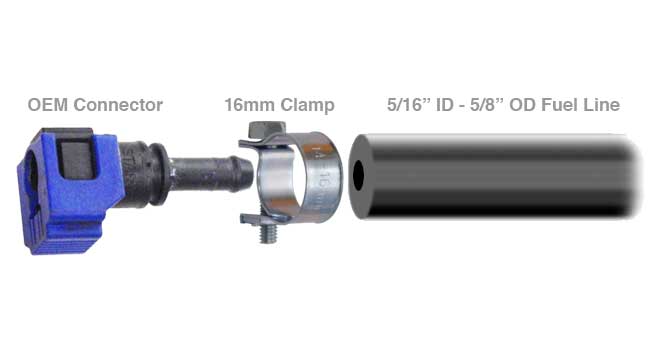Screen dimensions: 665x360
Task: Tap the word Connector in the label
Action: coord(118,105)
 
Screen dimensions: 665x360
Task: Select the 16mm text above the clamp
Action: coord(250,105)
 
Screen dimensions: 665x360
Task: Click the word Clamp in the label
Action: coord(307,106)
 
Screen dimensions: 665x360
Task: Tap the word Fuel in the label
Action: coord(559,105)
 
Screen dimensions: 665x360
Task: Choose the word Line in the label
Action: coord(602,105)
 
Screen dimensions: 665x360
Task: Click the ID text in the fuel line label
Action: coord(445,105)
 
